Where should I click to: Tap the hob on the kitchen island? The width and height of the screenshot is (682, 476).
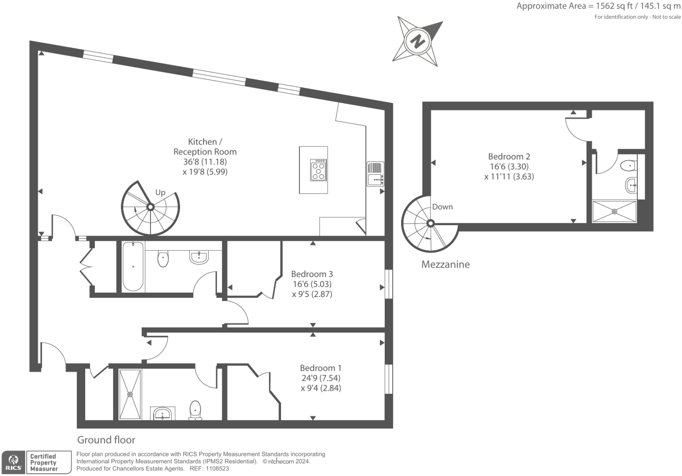(x=318, y=170)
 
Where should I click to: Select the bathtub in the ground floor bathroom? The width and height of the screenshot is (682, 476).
(x=133, y=266)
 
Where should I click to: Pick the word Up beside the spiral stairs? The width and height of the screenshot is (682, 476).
(x=160, y=193)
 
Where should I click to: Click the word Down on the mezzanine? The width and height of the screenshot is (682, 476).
(x=442, y=207)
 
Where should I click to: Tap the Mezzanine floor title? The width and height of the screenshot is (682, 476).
(x=445, y=264)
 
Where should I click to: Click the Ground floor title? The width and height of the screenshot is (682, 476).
(x=106, y=440)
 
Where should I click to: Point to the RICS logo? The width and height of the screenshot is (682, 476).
(x=14, y=462)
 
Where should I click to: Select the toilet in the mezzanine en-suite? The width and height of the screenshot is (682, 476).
(x=628, y=166)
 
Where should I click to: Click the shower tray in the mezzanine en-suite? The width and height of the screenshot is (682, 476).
(x=614, y=211)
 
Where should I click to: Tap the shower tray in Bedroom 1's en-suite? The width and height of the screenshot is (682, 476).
(x=130, y=394)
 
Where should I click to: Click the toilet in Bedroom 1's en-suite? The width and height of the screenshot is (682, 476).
(x=195, y=410)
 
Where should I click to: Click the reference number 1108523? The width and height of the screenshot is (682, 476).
(x=217, y=469)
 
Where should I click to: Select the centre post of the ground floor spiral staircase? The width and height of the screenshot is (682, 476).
(x=150, y=207)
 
